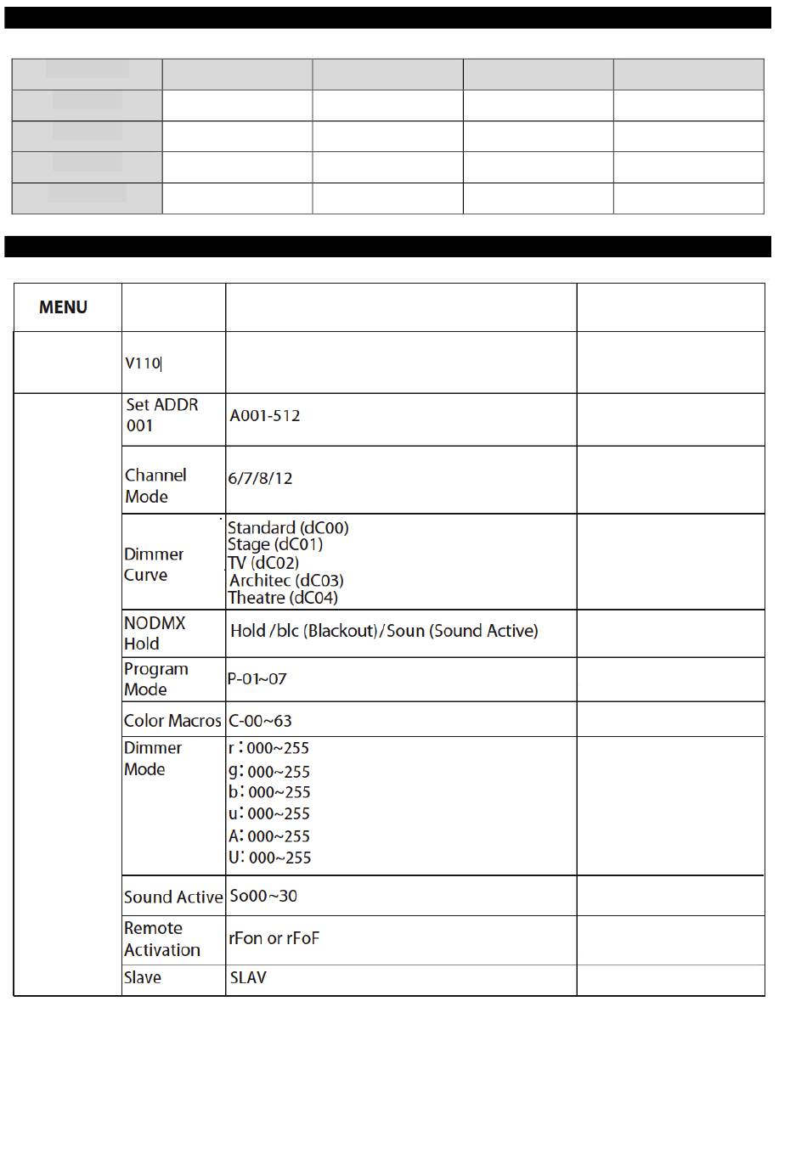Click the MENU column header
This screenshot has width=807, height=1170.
click(x=63, y=307)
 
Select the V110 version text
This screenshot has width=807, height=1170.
click(x=143, y=363)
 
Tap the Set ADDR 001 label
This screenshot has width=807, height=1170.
click(x=162, y=415)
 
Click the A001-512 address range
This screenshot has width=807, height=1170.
click(x=265, y=416)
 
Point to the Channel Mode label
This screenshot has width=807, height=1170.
click(x=155, y=486)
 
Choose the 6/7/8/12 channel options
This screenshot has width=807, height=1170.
click(x=260, y=478)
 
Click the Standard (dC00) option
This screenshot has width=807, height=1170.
click(x=288, y=527)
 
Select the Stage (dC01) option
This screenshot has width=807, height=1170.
click(x=275, y=544)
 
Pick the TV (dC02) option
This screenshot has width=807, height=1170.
click(x=263, y=562)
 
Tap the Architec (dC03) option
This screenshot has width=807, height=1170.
click(x=286, y=581)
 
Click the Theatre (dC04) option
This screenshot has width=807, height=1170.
click(x=283, y=598)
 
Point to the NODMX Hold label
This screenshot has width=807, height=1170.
click(x=155, y=633)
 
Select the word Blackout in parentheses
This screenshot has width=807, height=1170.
click(x=341, y=631)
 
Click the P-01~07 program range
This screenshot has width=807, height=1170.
click(x=257, y=679)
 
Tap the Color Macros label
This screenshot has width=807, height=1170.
click(x=172, y=721)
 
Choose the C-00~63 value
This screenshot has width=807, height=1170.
click(x=260, y=721)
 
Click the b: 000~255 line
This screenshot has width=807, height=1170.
click(x=269, y=792)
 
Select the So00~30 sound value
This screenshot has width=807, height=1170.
click(x=263, y=896)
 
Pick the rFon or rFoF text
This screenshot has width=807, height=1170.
click(x=274, y=938)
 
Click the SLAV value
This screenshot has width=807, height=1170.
click(x=248, y=977)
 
